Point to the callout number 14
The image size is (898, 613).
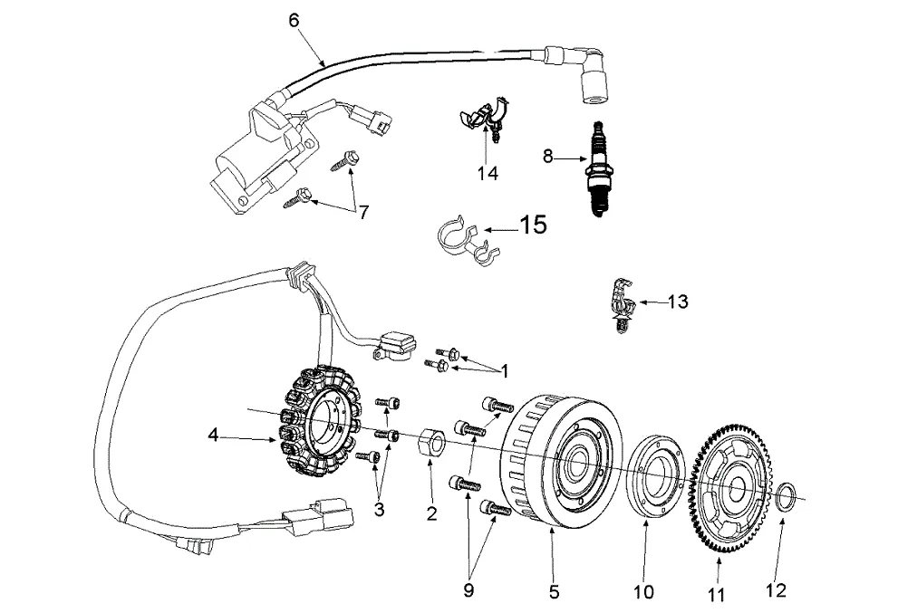[x=488, y=173]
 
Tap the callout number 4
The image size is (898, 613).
[x=213, y=436]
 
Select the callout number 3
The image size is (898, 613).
[x=379, y=510]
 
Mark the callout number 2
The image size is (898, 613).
[x=431, y=513]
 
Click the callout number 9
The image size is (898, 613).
[x=468, y=589]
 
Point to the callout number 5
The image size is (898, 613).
[x=554, y=593]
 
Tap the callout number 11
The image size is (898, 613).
[x=717, y=595]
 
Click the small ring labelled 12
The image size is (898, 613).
[x=788, y=495]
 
